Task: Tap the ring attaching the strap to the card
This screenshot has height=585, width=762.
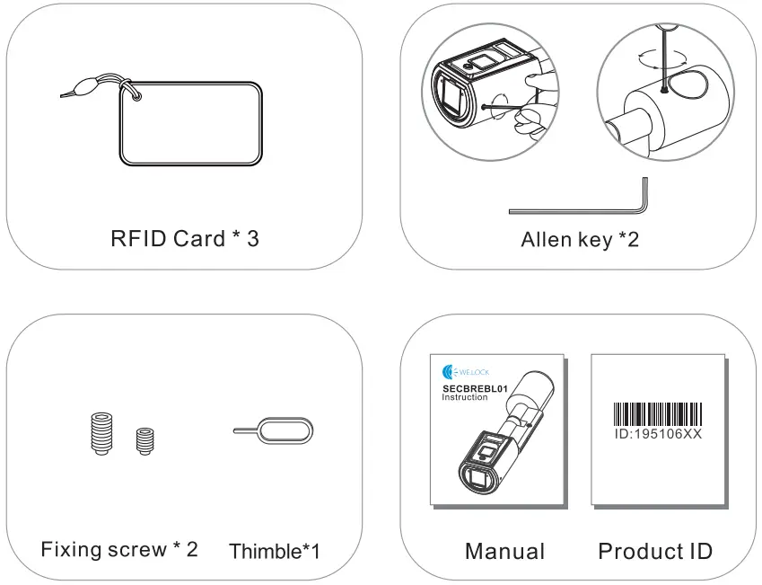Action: (x=134, y=92)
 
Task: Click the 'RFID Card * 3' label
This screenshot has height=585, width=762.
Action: (x=185, y=238)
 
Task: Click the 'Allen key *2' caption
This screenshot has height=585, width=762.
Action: (x=579, y=240)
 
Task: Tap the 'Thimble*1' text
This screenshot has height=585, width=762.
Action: (x=275, y=550)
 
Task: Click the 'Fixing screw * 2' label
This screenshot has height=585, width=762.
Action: (x=119, y=548)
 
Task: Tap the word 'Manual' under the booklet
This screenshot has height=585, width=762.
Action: (x=504, y=550)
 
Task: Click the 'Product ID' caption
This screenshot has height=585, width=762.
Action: (x=655, y=550)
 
